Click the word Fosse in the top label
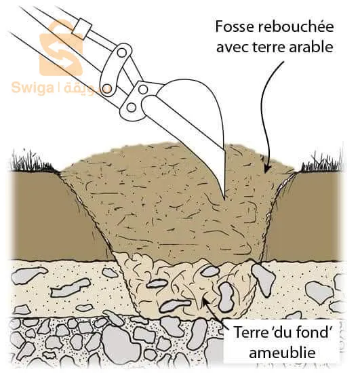pyautogui.click(x=235, y=26)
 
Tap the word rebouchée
pyautogui.click(x=296, y=26)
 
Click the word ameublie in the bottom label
pyautogui.click(x=282, y=353)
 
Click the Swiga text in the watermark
pyautogui.click(x=33, y=87)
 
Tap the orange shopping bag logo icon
pyautogui.click(x=61, y=48)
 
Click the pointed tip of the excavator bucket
pyautogui.click(x=224, y=198)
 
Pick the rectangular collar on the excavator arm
pyautogui.click(x=82, y=28)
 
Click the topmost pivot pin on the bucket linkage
pyautogui.click(x=122, y=53)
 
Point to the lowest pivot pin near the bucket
pyautogui.click(x=131, y=108)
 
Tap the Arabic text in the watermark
pyautogui.click(x=85, y=88)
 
